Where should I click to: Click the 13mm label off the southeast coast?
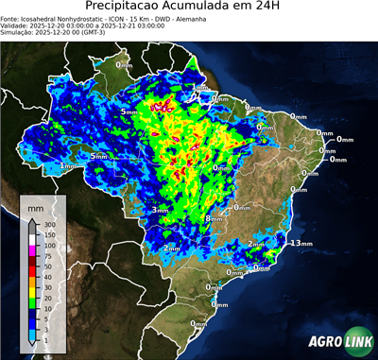(301, 243)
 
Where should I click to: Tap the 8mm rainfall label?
(215, 219)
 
